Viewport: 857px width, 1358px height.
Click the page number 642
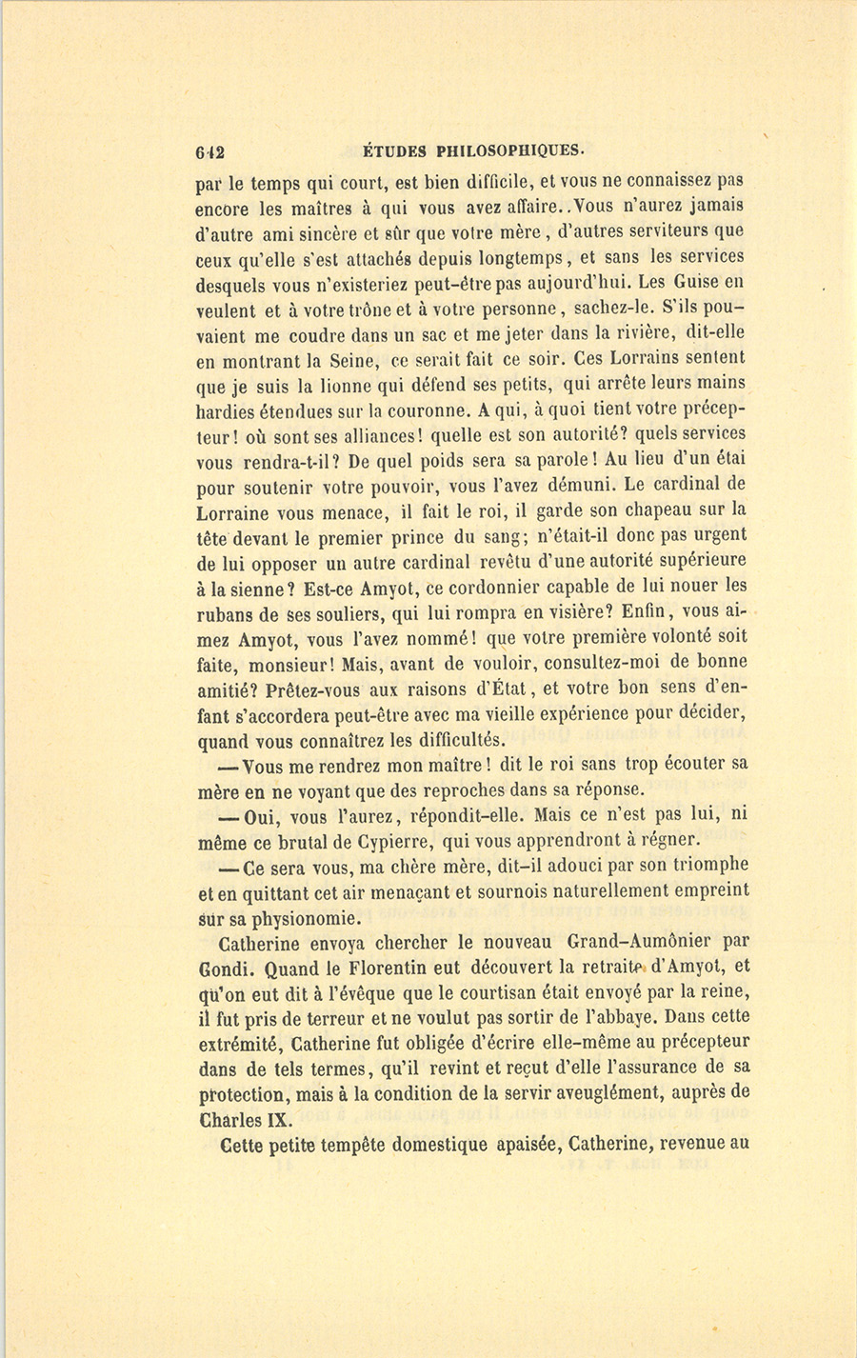click(x=209, y=151)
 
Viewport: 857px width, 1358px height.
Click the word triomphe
click(x=706, y=865)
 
